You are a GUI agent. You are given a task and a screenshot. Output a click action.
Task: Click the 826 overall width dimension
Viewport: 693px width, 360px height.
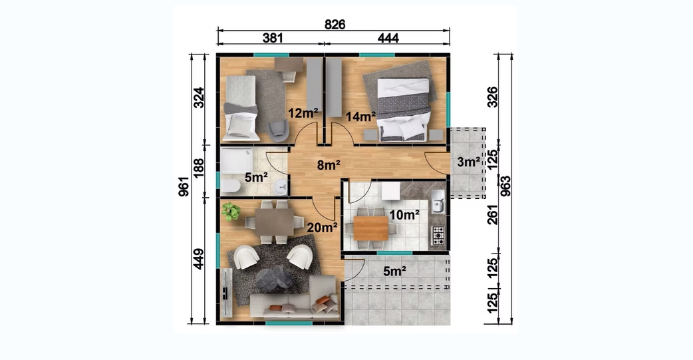[335, 25]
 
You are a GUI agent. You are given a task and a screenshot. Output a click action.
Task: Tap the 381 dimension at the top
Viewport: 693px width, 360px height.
[273, 38]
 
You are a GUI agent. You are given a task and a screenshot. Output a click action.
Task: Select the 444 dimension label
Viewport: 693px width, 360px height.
[388, 38]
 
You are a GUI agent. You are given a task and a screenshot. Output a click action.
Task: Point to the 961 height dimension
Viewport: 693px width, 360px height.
[184, 186]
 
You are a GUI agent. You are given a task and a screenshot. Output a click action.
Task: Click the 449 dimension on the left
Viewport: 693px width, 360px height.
[198, 259]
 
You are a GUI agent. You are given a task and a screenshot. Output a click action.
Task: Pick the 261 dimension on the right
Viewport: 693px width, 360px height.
[492, 214]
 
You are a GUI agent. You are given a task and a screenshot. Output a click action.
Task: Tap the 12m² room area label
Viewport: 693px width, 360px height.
[303, 113]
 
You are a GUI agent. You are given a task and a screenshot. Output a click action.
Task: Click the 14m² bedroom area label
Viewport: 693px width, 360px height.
[360, 116]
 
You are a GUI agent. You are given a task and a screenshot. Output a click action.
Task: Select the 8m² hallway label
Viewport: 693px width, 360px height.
[329, 165]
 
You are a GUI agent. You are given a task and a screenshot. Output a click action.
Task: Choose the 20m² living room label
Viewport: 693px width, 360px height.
[322, 228]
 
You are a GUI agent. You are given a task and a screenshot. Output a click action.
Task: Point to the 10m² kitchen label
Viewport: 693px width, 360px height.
[404, 215]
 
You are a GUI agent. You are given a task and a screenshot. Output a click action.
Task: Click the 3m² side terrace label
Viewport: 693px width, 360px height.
[468, 162]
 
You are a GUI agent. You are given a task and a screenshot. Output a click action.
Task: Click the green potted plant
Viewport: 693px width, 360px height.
[231, 212]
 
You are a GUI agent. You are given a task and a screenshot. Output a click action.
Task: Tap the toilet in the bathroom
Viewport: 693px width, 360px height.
[231, 186]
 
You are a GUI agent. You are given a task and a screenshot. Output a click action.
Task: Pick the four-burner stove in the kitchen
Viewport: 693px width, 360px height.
[438, 236]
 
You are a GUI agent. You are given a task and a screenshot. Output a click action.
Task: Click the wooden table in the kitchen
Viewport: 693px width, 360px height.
[371, 228]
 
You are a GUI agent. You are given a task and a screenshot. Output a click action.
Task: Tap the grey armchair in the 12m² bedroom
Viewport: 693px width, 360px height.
[278, 130]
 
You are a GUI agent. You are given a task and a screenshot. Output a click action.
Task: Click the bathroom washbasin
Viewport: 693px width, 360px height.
[280, 188]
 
